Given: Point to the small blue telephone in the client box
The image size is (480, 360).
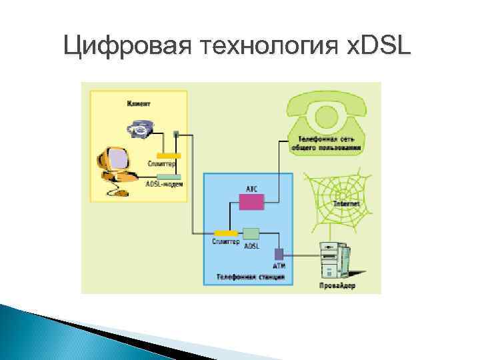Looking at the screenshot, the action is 141,127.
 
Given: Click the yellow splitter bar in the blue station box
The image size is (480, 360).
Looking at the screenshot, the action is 226,233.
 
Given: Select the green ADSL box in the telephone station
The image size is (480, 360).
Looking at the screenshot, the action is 251,233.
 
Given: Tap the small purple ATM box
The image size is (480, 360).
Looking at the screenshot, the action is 279,253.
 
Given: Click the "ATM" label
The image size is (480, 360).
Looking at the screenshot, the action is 279,265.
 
